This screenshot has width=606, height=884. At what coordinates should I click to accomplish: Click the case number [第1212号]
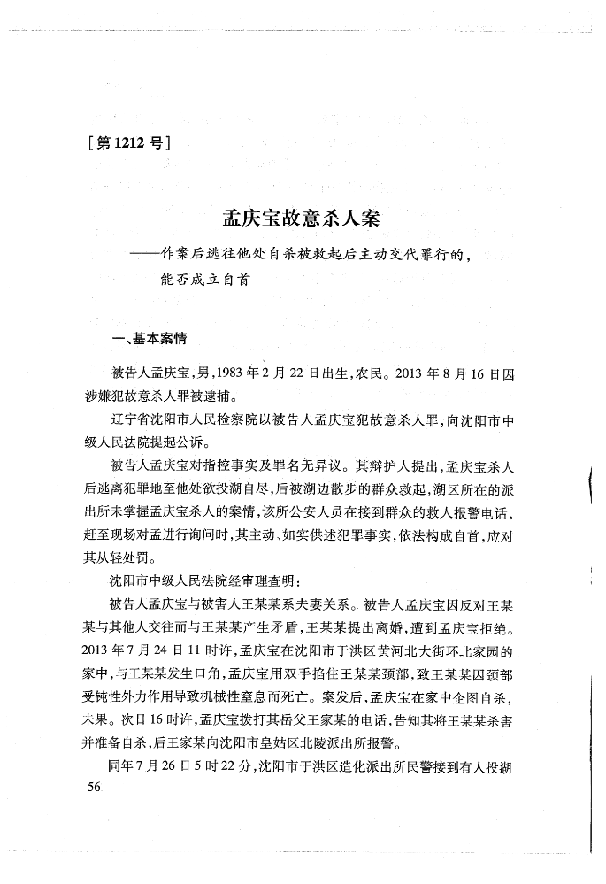pyautogui.click(x=129, y=141)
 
